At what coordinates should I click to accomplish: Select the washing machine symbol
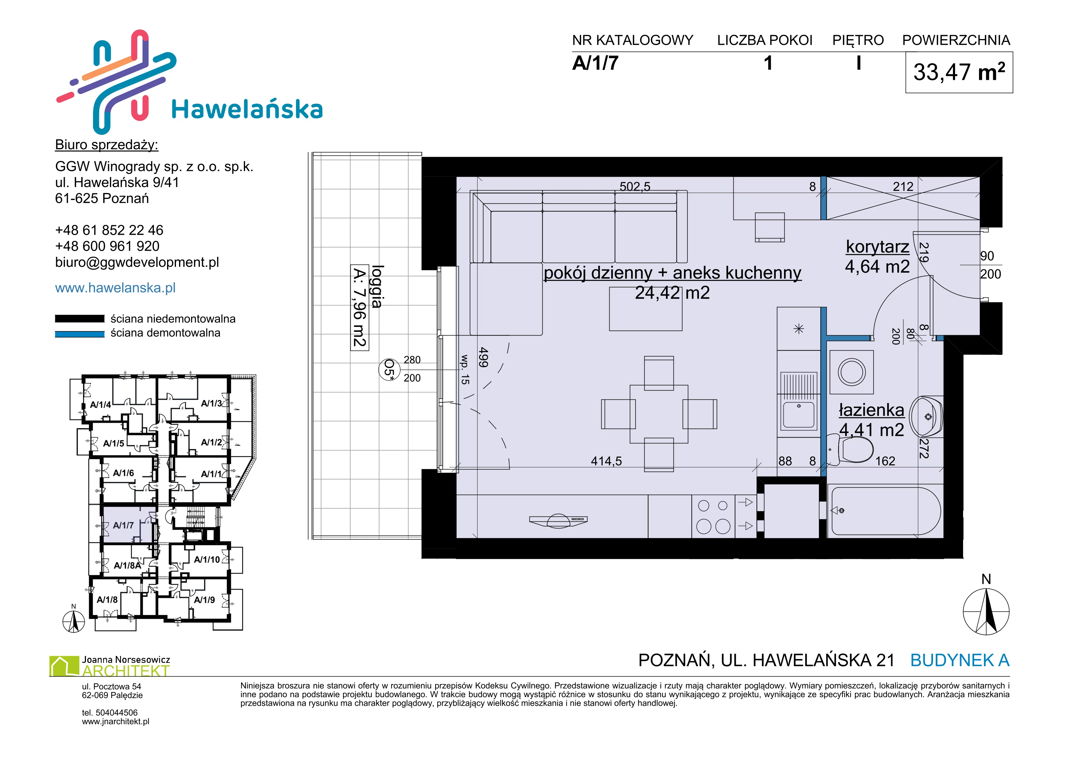852,371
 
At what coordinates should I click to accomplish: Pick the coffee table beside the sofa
646,309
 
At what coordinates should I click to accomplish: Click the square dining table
659,414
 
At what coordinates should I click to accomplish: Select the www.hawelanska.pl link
115,288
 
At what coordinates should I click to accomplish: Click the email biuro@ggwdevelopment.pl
137,262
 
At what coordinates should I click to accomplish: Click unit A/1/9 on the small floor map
205,600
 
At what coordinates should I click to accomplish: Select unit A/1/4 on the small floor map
100,404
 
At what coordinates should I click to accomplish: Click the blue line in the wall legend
80,334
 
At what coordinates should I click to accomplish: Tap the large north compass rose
986,611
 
